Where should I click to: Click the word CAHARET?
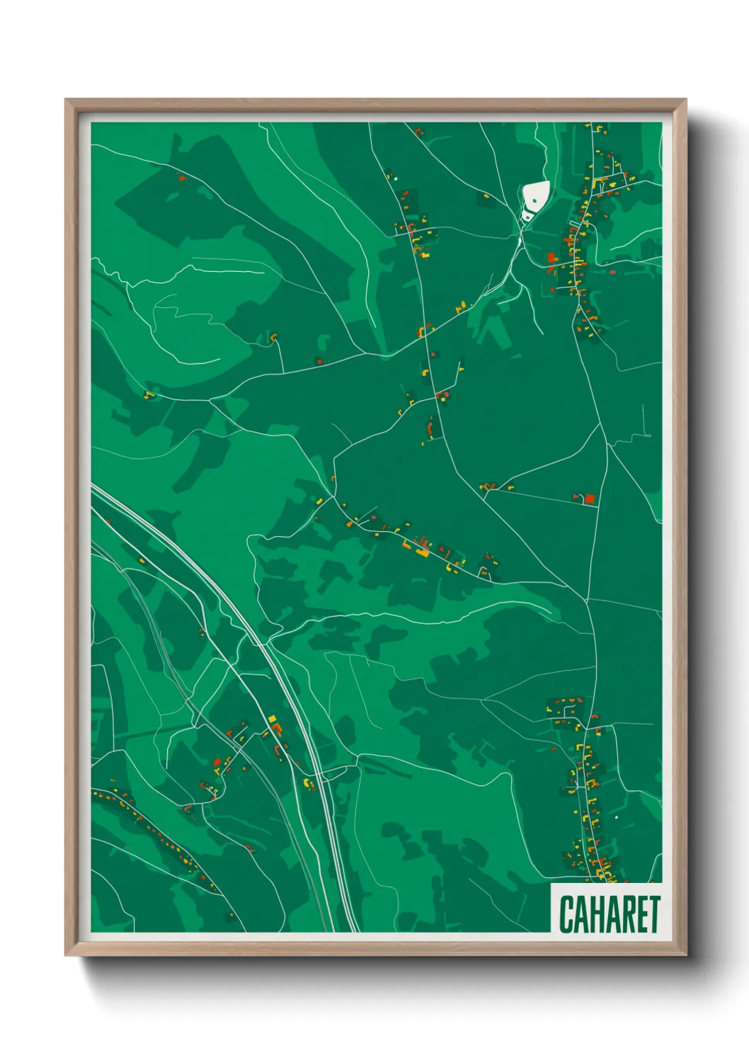point(609,914)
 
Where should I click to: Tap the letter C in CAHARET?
point(566,914)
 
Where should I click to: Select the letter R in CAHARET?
point(626,914)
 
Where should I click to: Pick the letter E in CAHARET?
point(641,914)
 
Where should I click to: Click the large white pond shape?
point(536,193)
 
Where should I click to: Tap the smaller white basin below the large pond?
point(527,215)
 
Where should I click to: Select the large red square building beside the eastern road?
point(589,499)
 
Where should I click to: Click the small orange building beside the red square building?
point(578,497)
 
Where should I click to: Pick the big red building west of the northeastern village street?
point(551,258)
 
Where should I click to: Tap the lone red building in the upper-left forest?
point(181,178)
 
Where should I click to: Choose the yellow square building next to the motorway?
point(272,719)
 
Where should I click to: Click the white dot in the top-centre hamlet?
point(396,178)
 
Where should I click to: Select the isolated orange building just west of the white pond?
point(486,195)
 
